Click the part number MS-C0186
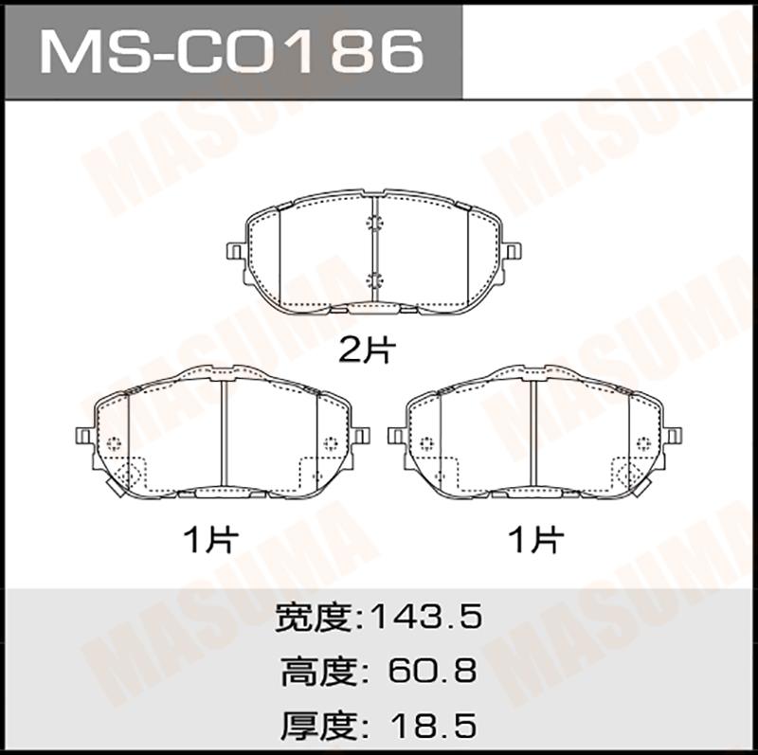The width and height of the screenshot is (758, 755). point(232,51)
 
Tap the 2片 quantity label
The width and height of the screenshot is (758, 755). point(368,350)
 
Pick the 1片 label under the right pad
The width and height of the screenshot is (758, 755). point(536,539)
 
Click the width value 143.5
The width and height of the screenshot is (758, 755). point(425,617)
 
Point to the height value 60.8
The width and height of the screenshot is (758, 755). point(432,671)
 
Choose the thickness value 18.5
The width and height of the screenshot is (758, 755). point(434,725)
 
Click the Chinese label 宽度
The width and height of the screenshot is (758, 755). point(313,617)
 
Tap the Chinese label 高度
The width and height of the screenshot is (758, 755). point(318,671)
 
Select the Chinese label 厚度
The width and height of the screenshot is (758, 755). point(318,725)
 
